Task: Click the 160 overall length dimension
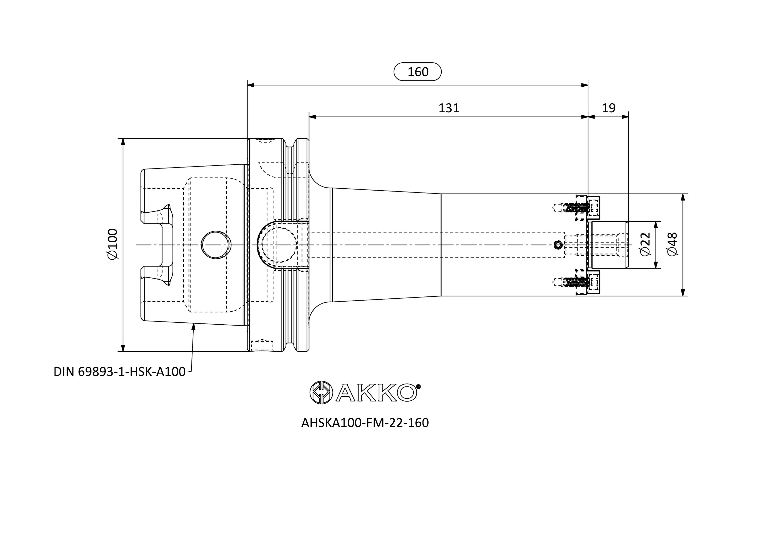[x=418, y=72]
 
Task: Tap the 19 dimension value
[x=609, y=108]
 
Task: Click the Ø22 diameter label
[x=645, y=244]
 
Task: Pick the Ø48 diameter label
[x=672, y=244]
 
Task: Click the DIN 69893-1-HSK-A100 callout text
[x=120, y=372]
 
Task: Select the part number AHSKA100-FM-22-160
[x=365, y=423]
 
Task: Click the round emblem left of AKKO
[x=321, y=392]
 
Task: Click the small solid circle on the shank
[x=558, y=245]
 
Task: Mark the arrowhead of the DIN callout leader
[x=194, y=327]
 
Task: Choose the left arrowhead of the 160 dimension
[x=251, y=85]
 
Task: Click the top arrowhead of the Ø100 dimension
[x=123, y=142]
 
